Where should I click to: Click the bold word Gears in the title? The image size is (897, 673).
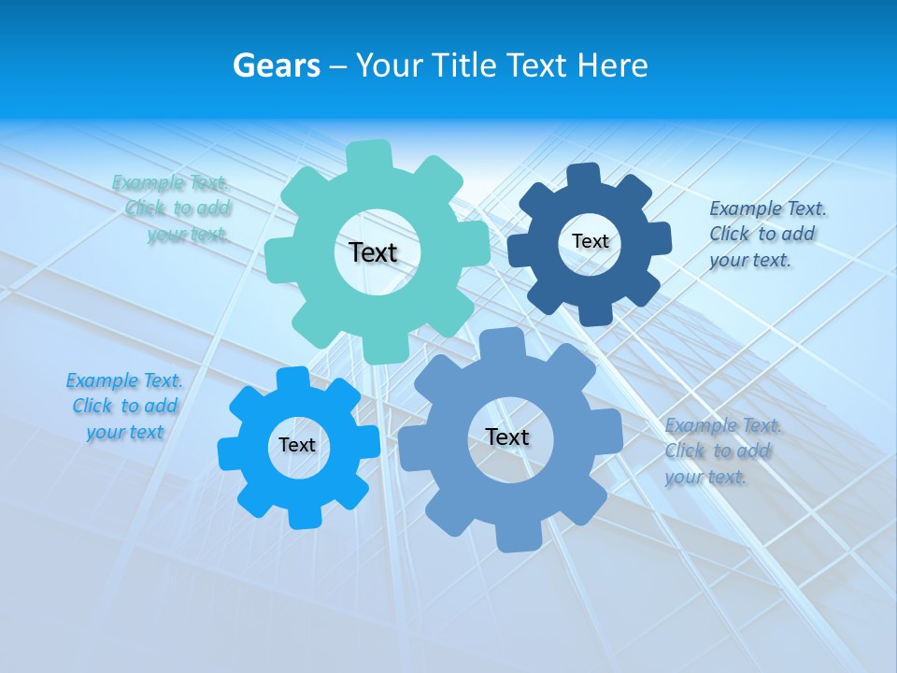tap(277, 65)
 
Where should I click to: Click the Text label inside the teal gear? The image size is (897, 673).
tap(373, 252)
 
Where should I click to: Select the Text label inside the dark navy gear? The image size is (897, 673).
tap(590, 241)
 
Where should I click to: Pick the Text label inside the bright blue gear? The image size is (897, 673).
tap(297, 445)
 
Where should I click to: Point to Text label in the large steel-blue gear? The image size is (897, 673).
tap(507, 437)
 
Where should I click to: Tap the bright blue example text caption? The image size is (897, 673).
tap(125, 407)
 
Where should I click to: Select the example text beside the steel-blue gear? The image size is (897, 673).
tap(722, 451)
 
